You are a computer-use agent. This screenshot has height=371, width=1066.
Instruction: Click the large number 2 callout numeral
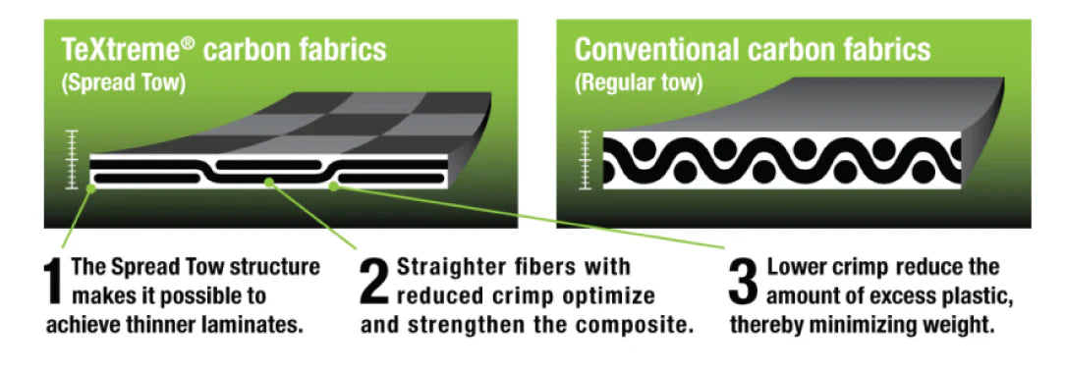(x=375, y=281)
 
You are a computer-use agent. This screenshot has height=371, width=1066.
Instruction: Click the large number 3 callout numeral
(x=743, y=281)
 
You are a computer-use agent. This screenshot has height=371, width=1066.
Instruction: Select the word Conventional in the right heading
(x=651, y=50)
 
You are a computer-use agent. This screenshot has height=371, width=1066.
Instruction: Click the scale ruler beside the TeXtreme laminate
(x=73, y=159)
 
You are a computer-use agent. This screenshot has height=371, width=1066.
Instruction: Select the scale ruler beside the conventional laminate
(x=586, y=159)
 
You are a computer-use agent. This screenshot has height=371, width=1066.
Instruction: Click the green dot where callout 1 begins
(x=91, y=188)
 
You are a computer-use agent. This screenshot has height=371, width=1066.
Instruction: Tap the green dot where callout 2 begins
(x=270, y=183)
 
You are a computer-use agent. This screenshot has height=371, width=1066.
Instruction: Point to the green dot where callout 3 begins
(x=333, y=186)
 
